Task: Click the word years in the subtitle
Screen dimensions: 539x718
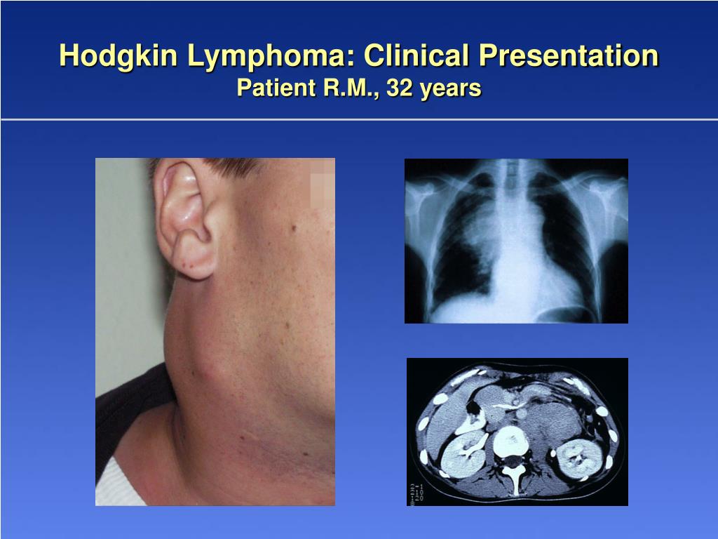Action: (x=450, y=88)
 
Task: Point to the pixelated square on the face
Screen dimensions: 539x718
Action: (x=322, y=189)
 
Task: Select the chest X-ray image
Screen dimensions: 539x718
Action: (x=516, y=241)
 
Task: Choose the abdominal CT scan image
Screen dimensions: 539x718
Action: (x=517, y=432)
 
